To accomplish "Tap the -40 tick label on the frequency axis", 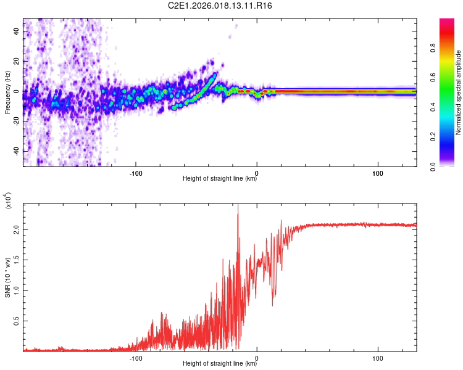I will [15, 152].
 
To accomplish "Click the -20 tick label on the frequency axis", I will [15, 121].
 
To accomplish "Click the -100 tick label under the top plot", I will [136, 171].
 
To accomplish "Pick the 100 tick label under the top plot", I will [378, 171].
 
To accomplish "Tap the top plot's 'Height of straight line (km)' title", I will [220, 179].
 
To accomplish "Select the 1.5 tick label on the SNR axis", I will [16, 260].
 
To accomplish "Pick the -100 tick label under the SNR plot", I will [136, 356].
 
